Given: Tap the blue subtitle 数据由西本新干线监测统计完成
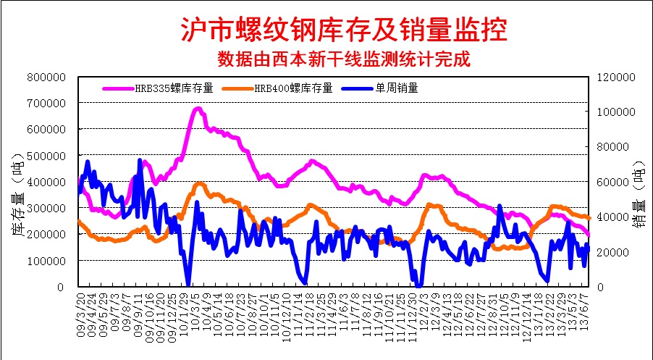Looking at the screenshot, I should tap(344, 59).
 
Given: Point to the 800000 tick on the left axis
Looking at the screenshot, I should tap(47, 77).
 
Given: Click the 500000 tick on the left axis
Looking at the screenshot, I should tap(47, 156).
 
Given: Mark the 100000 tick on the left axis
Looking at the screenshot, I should tap(47, 261).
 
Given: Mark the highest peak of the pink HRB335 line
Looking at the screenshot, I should tap(198, 109).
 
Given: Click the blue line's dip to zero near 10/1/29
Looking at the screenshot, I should tap(188, 285).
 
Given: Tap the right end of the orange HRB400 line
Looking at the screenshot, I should tap(589, 217).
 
